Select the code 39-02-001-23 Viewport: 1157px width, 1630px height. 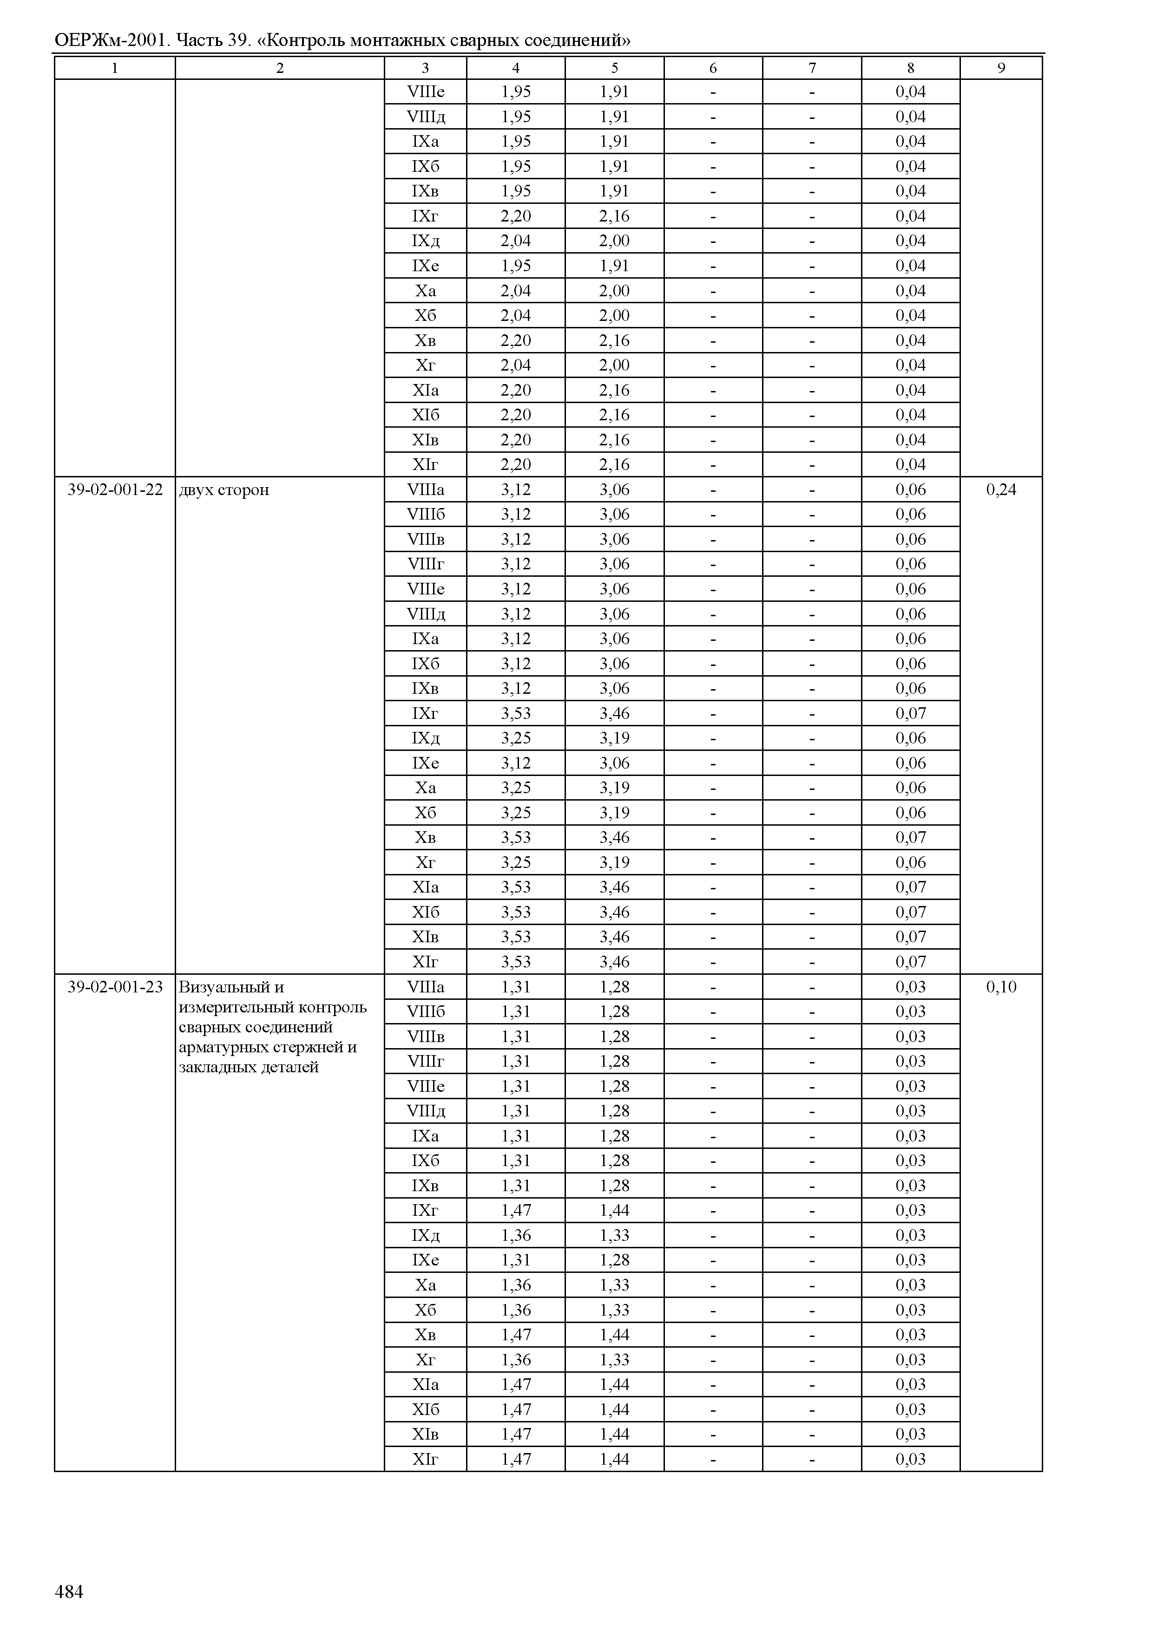pyautogui.click(x=115, y=987)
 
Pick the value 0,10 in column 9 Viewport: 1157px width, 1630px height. pyautogui.click(x=1001, y=987)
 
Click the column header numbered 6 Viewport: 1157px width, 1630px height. pyautogui.click(x=713, y=68)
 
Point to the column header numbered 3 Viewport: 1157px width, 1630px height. pyautogui.click(x=425, y=68)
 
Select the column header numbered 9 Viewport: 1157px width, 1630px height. pyautogui.click(x=1001, y=68)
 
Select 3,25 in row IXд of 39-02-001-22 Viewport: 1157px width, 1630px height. pyautogui.click(x=516, y=738)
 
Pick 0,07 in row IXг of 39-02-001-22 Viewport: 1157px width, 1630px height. pyautogui.click(x=910, y=713)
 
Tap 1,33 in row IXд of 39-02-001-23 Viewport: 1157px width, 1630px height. pyautogui.click(x=614, y=1235)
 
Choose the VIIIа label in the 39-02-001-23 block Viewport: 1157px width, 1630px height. pyautogui.click(x=425, y=987)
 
